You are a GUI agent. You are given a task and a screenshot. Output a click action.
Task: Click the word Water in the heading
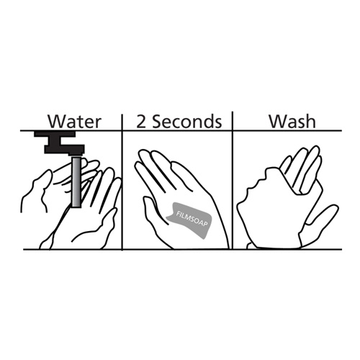pyautogui.click(x=74, y=122)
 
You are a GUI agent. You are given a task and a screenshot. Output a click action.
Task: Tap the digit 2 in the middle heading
pyautogui.click(x=141, y=122)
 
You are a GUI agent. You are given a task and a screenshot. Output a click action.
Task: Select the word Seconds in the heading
pyautogui.click(x=187, y=122)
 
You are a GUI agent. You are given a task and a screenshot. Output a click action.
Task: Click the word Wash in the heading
pyautogui.click(x=292, y=121)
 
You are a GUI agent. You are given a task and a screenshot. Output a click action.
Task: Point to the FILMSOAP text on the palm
pyautogui.click(x=192, y=218)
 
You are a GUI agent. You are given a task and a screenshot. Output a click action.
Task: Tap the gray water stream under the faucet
pyautogui.click(x=76, y=182)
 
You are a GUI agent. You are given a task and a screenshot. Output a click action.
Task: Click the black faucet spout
pyautogui.click(x=64, y=149)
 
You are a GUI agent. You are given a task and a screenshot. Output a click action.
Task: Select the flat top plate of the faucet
pyautogui.click(x=55, y=134)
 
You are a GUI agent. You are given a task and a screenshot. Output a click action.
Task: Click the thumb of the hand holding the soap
pyautogui.click(x=153, y=211)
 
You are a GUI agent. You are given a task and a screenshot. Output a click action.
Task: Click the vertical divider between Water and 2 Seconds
pyautogui.click(x=122, y=182)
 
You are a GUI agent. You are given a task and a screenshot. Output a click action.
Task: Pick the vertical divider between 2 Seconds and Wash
pyautogui.click(x=233, y=181)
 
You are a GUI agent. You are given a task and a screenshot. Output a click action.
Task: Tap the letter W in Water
pyautogui.click(x=57, y=122)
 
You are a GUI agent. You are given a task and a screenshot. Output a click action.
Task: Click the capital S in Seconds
pyautogui.click(x=158, y=122)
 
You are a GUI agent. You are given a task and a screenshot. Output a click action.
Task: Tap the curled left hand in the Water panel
pyautogui.click(x=37, y=189)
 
